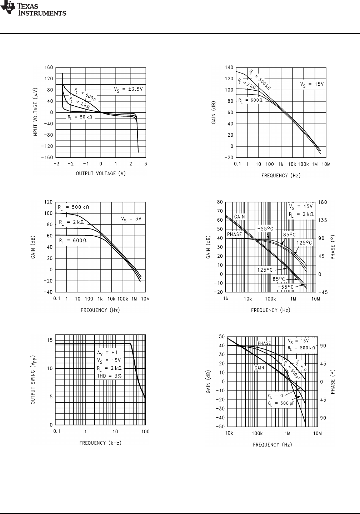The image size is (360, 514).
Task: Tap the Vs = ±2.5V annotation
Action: [128, 90]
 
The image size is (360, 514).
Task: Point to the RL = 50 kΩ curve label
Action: [80, 117]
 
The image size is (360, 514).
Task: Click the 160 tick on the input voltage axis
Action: [49, 67]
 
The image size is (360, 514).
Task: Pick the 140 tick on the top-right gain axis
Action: [229, 67]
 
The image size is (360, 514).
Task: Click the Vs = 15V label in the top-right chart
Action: [312, 85]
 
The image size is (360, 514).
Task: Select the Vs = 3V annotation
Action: [132, 219]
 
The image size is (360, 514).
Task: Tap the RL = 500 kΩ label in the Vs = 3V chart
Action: [74, 207]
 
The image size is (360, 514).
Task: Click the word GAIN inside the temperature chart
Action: [240, 217]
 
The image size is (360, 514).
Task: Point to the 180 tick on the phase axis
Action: [323, 202]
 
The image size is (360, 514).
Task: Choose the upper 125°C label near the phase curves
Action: [304, 243]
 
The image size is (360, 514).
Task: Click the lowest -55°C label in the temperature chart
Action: [286, 287]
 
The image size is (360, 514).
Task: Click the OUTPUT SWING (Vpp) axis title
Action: [32, 379]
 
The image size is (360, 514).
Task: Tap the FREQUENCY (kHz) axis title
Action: [100, 443]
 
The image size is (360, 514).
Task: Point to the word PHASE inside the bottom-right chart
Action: [264, 343]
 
